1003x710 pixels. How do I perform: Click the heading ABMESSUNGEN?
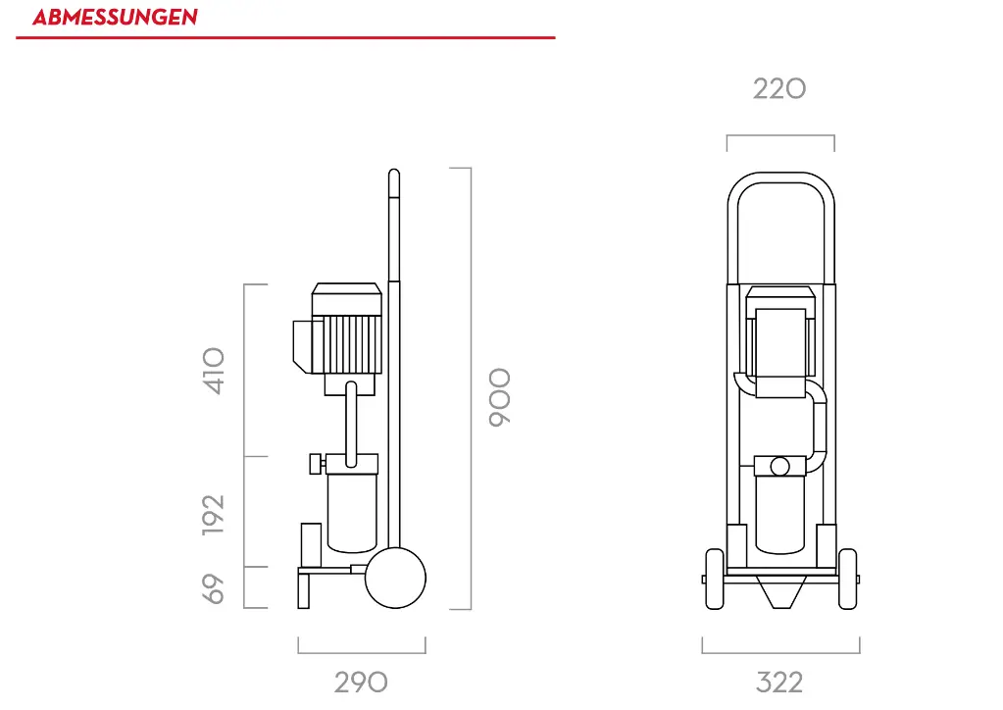[x=115, y=17]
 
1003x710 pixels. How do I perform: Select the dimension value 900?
[x=500, y=397]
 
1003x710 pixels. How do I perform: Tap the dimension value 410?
[x=215, y=371]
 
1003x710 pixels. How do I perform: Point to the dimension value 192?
[x=215, y=514]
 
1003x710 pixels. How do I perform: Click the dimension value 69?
[x=215, y=588]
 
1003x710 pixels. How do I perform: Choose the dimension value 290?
[x=361, y=683]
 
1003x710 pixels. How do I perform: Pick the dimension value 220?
[x=779, y=89]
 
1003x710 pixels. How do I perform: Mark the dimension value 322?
[x=779, y=683]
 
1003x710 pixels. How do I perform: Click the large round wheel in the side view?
[x=395, y=578]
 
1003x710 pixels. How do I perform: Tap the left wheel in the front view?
[x=715, y=579]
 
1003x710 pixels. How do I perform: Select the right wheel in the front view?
[x=847, y=579]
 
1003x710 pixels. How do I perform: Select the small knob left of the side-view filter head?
[x=315, y=463]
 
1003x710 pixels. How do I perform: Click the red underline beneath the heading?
[x=285, y=37]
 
